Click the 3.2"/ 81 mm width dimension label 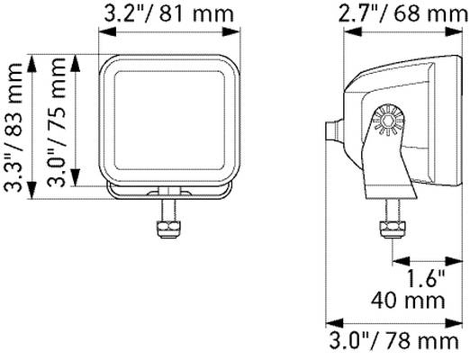(x=169, y=13)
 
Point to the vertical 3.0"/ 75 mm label (x=59, y=126)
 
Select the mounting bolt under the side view (x=392, y=220)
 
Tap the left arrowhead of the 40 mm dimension (x=395, y=261)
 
